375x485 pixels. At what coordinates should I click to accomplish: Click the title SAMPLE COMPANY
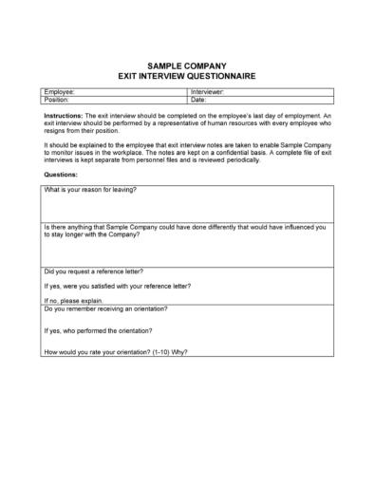[x=188, y=67]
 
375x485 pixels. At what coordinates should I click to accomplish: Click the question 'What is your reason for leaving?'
[x=90, y=190]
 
